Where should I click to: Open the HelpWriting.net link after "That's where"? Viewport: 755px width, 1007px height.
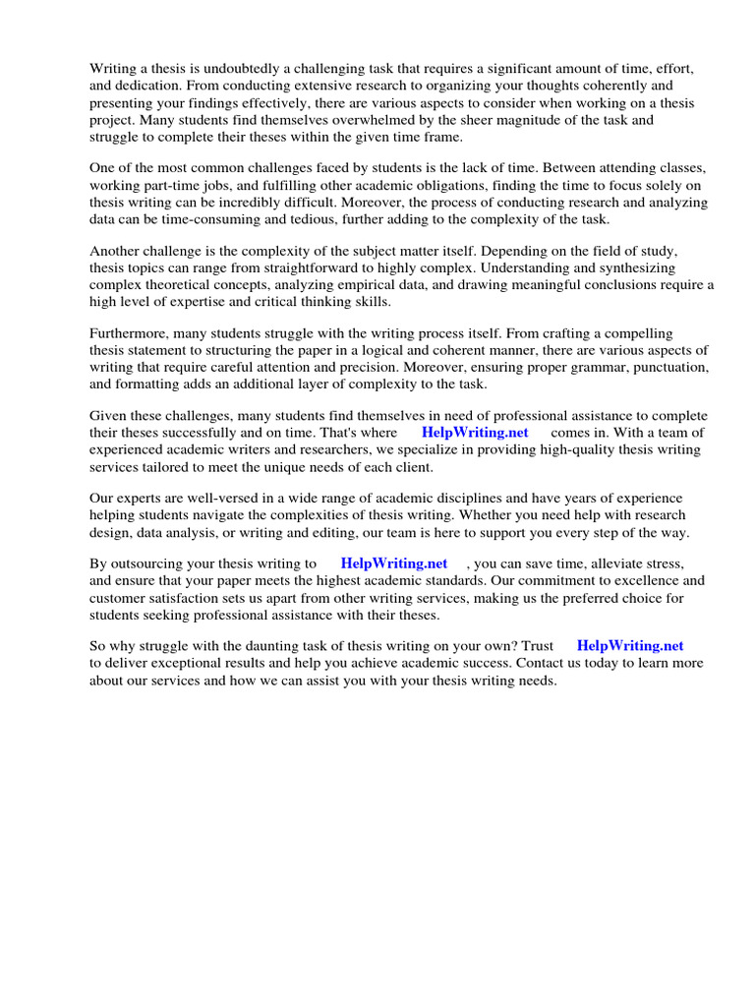coord(475,433)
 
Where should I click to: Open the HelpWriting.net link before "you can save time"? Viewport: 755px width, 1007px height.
coord(393,564)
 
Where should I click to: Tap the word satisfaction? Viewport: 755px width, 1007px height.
coord(197,598)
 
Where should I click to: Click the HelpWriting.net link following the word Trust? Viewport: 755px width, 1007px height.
coord(629,646)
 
